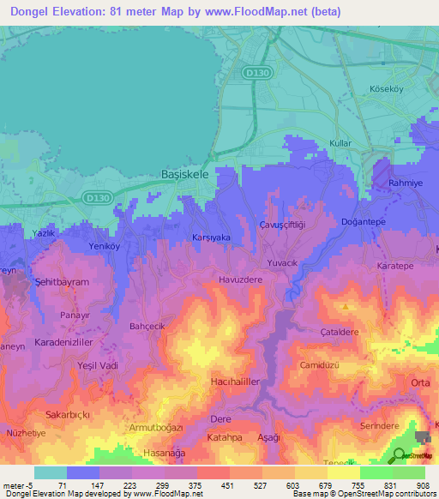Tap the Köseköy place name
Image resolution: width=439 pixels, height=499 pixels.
pos(386,88)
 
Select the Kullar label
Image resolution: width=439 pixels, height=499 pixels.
pos(341,143)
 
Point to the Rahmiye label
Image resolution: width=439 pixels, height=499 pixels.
pos(406,183)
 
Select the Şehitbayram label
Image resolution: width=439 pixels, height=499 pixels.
pos(62,282)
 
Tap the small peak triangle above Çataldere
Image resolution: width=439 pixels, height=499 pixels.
pos(345,306)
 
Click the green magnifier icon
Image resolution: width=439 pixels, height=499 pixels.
pos(400,455)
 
